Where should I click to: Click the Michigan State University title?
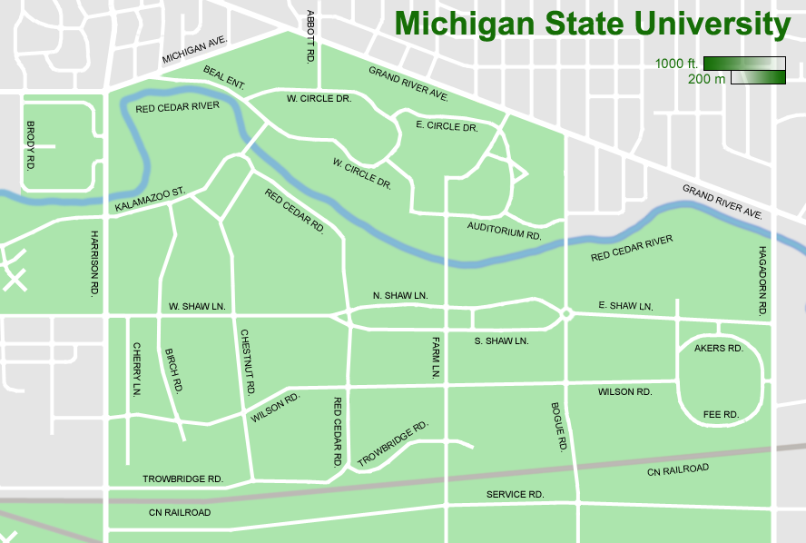pos(593,25)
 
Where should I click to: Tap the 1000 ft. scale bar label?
pos(677,64)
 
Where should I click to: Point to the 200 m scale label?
pos(706,79)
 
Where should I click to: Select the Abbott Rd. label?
pos(310,36)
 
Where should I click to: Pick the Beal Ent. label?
pos(224,77)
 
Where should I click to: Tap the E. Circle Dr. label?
pos(446,126)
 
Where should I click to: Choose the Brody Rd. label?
pos(30,145)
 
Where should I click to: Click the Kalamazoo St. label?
pos(150,201)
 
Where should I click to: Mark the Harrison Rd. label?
pos(93,263)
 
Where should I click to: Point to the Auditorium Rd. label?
pos(504,230)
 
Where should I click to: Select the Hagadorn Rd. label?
pos(762,281)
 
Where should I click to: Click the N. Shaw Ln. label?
pos(399,296)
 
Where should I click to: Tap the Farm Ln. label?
pos(435,357)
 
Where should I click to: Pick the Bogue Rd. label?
pos(557,427)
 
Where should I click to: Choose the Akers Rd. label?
pos(718,348)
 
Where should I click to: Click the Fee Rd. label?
pos(721,414)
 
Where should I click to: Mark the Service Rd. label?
pos(515,494)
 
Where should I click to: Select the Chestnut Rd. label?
pos(246,361)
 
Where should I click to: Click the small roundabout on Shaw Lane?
pos(565,314)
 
